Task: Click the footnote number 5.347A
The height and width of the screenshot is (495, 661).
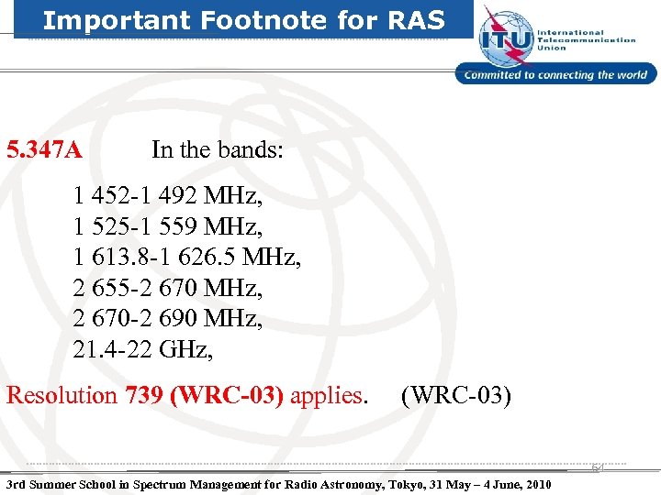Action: [x=45, y=148]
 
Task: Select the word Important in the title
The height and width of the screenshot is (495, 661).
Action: [x=100, y=20]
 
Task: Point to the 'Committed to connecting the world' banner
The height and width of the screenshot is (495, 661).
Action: [x=556, y=75]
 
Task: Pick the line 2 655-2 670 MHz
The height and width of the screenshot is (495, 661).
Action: [x=166, y=289]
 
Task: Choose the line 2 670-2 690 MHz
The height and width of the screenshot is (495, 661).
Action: [x=166, y=319]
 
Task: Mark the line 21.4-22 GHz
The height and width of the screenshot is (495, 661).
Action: [x=146, y=349]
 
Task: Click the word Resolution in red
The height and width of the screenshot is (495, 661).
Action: [x=62, y=396]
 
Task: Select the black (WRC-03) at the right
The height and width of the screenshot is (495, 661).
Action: [x=456, y=396]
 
